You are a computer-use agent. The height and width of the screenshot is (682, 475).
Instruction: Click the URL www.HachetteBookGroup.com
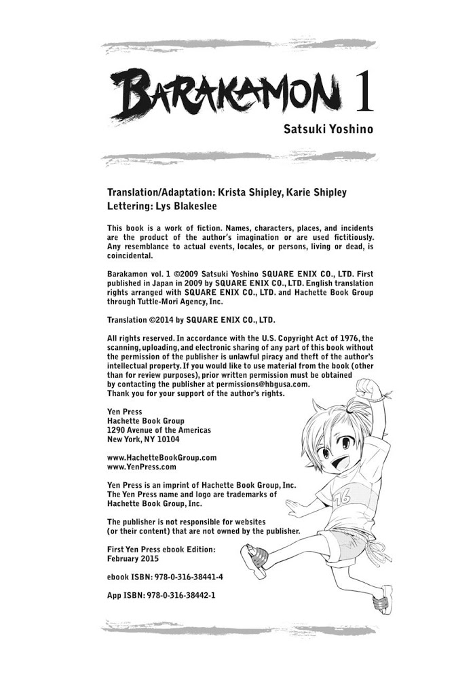tap(162, 458)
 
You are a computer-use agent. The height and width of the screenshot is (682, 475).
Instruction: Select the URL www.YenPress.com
tap(142, 467)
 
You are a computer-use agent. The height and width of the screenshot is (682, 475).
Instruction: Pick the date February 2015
tap(133, 558)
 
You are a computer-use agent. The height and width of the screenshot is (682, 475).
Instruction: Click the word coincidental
tap(131, 256)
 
